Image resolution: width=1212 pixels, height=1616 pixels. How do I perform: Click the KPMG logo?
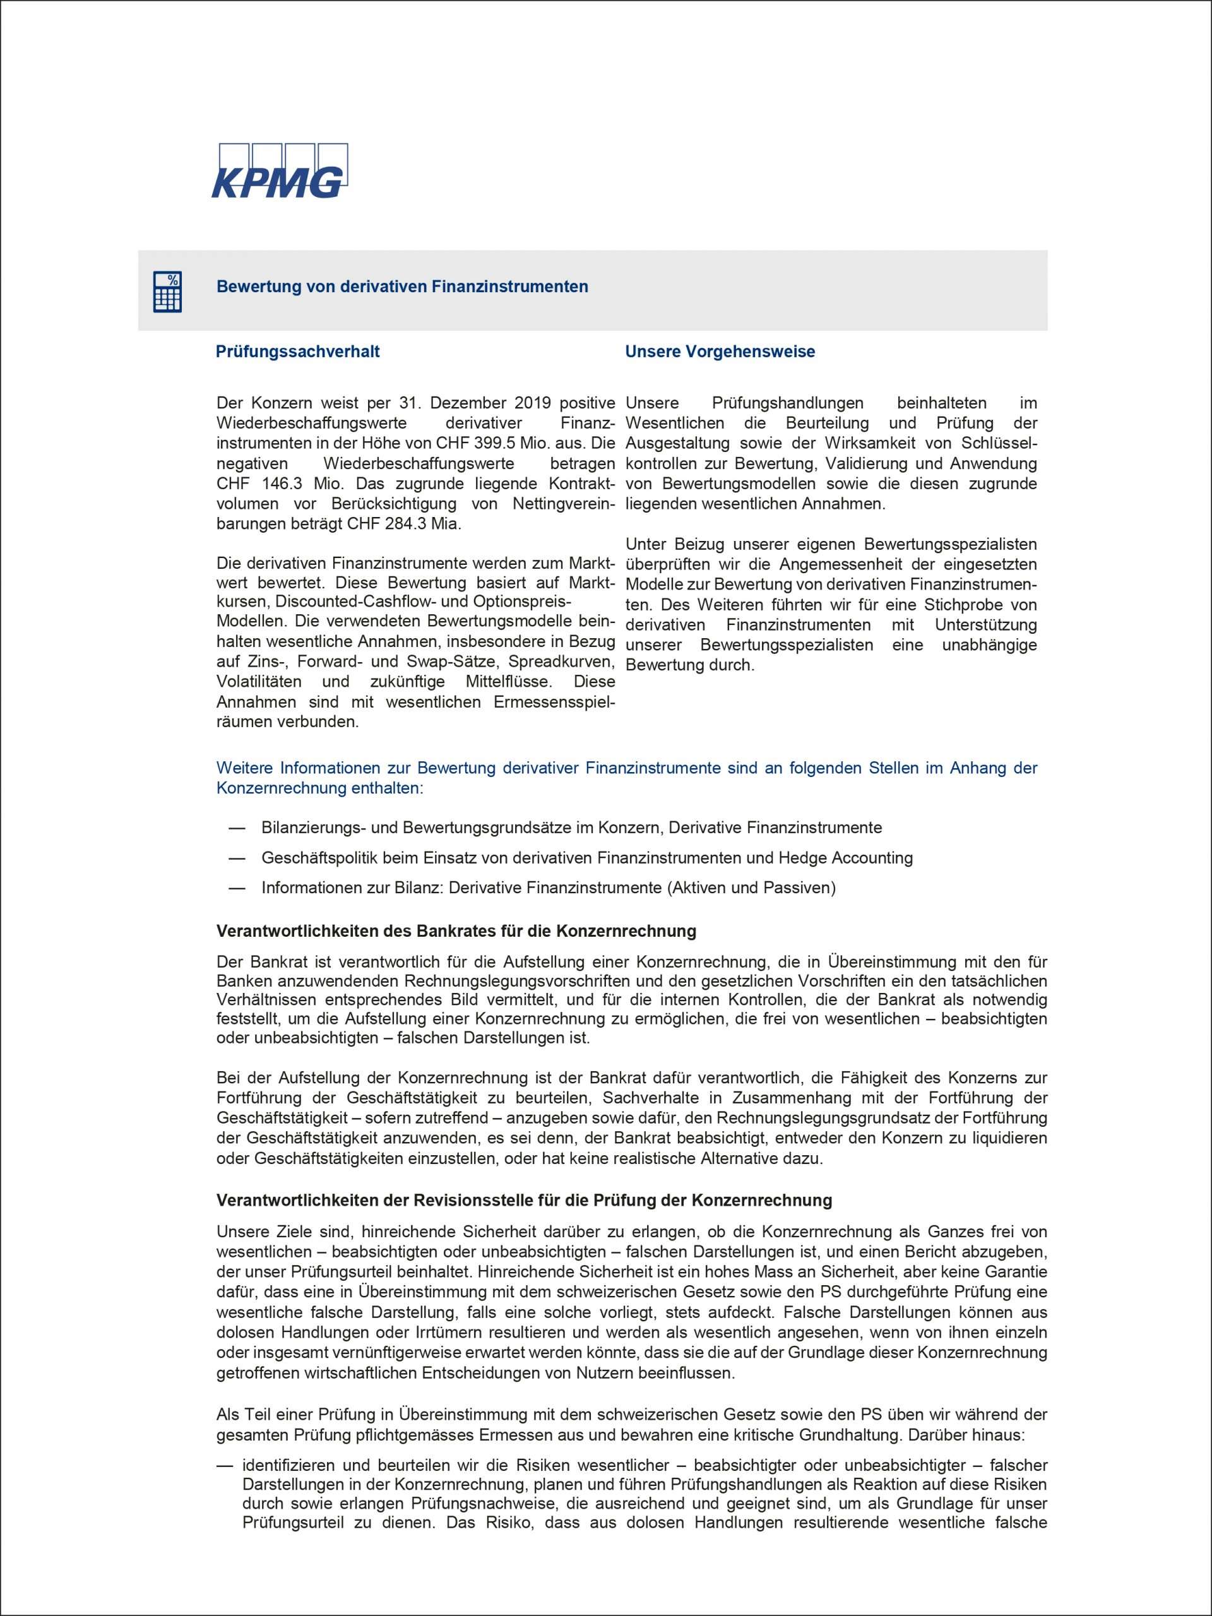(279, 171)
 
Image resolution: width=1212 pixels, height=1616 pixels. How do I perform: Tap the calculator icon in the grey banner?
(167, 292)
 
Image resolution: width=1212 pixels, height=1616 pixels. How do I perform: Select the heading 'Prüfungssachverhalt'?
(297, 352)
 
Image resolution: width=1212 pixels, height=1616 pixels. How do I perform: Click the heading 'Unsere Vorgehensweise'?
(720, 352)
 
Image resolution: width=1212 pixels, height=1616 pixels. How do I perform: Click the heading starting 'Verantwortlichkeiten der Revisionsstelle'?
(525, 1200)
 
